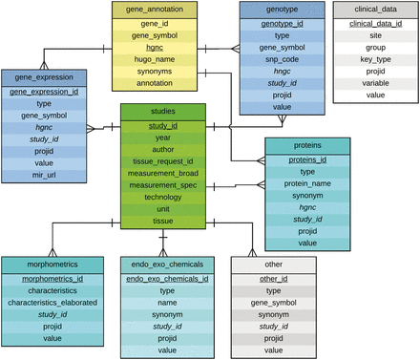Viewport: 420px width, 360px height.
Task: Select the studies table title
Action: pos(162,112)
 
